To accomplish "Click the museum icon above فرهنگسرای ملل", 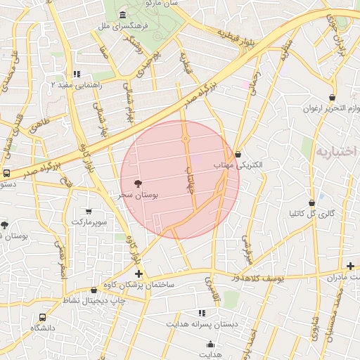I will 123,15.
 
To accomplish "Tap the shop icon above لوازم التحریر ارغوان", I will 332,98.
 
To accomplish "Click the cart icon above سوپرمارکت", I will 89,211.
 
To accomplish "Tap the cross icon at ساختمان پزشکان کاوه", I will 139,274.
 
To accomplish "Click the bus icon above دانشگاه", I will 42,317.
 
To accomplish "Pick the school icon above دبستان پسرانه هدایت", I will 202,313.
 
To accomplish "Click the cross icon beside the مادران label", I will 350,266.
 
